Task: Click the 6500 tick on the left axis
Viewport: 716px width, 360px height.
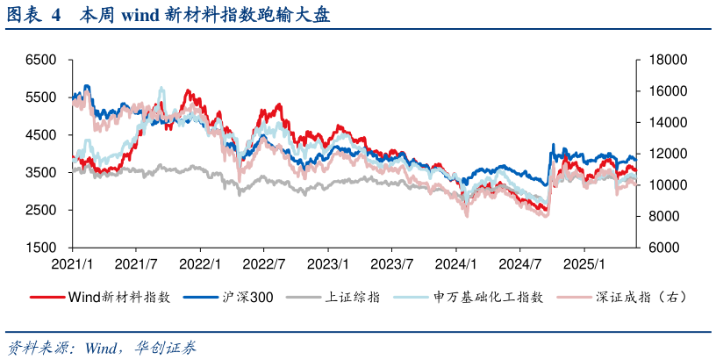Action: [x=41, y=60]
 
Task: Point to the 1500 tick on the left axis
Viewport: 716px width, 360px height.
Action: [x=41, y=248]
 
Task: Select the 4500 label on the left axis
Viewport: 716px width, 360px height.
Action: [x=41, y=135]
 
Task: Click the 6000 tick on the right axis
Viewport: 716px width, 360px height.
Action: [x=662, y=248]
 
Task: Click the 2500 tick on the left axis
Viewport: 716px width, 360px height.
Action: [x=41, y=211]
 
